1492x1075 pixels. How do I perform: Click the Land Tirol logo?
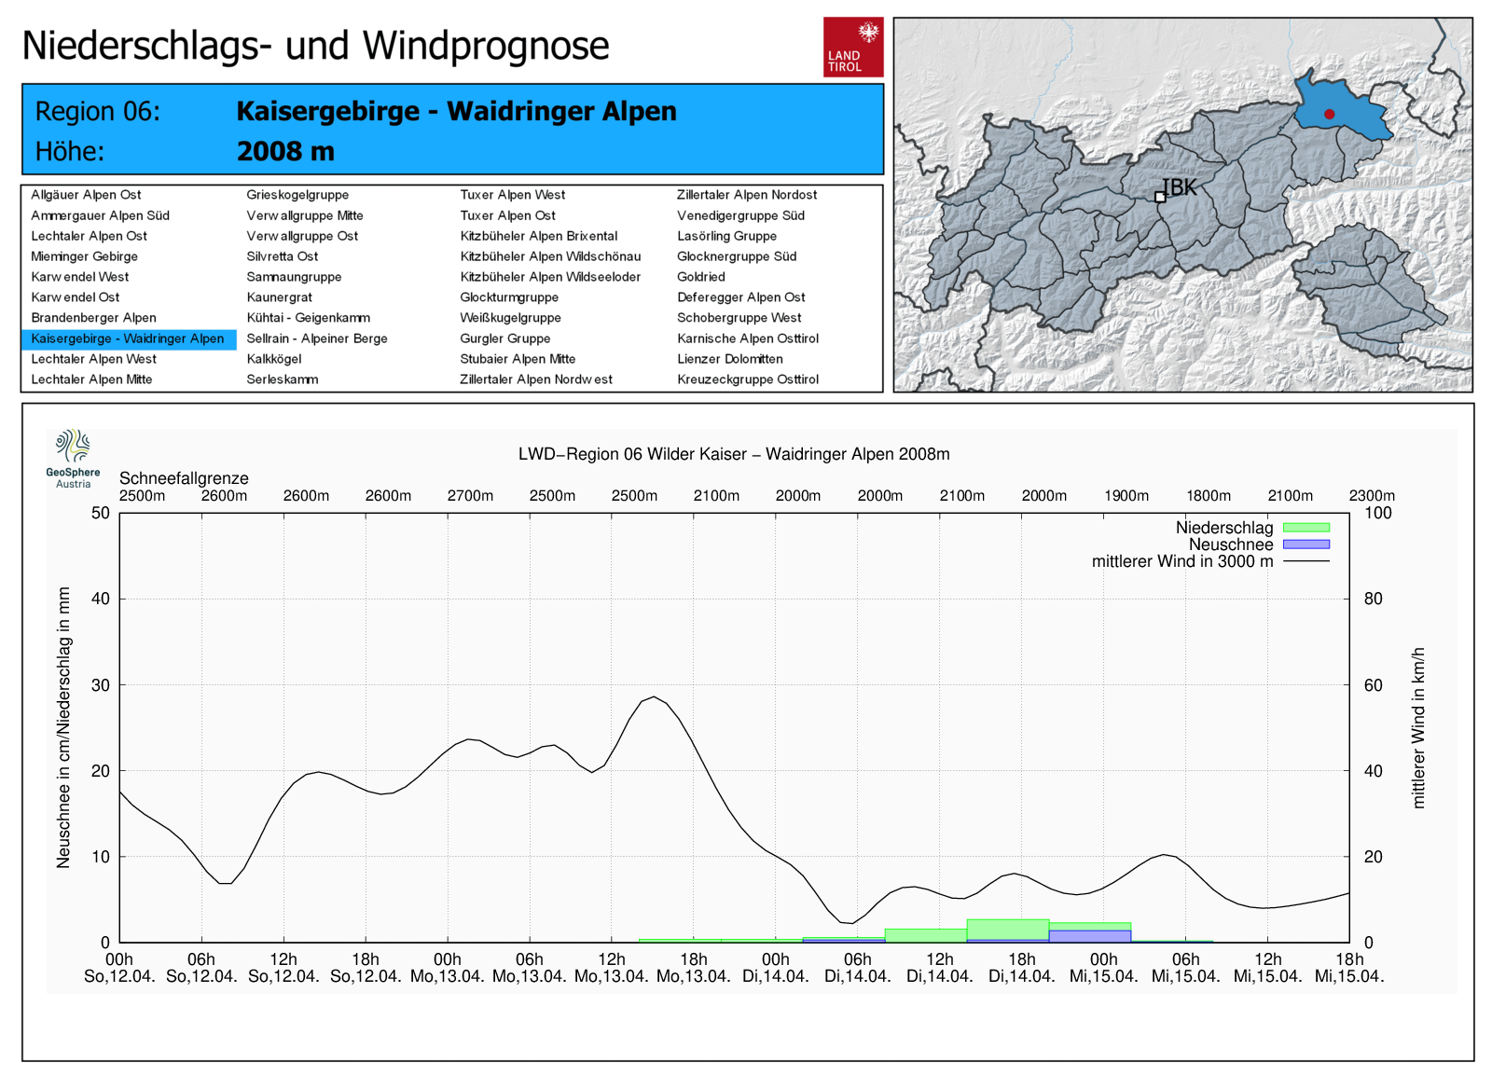point(852,47)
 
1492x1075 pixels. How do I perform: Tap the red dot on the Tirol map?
point(1329,114)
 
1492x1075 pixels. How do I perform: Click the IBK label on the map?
point(1180,187)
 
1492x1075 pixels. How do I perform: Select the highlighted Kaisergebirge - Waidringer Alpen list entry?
point(128,338)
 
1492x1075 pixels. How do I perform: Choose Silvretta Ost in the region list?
point(282,256)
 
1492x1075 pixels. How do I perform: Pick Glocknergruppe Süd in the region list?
point(736,256)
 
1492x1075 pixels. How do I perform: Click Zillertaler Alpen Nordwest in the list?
point(535,379)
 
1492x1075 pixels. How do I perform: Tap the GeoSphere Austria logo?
point(73,457)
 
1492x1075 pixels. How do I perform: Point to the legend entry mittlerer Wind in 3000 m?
point(1182,561)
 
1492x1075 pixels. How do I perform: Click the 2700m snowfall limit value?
point(470,495)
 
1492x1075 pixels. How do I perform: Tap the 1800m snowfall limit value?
point(1208,495)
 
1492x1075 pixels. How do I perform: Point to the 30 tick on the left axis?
point(100,685)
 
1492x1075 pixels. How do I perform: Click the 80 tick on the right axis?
point(1373,599)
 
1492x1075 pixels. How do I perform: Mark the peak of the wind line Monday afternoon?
point(655,696)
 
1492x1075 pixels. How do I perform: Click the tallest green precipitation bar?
point(1007,929)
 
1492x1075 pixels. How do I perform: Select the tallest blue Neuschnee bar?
point(1089,936)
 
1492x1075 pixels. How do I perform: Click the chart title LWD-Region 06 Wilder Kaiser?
point(733,454)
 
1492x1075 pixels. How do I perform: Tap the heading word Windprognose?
point(485,46)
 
